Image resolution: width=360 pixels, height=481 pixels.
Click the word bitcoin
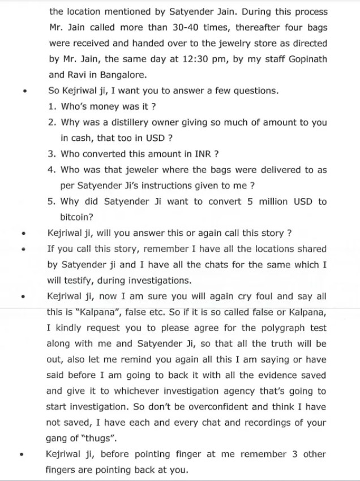pos(76,217)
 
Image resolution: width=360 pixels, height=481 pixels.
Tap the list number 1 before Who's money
pos(52,106)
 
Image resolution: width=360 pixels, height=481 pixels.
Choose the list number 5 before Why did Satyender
pos(52,201)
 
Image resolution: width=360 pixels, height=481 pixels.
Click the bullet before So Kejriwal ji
pos(23,91)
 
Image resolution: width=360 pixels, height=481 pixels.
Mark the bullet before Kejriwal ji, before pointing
pos(23,455)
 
